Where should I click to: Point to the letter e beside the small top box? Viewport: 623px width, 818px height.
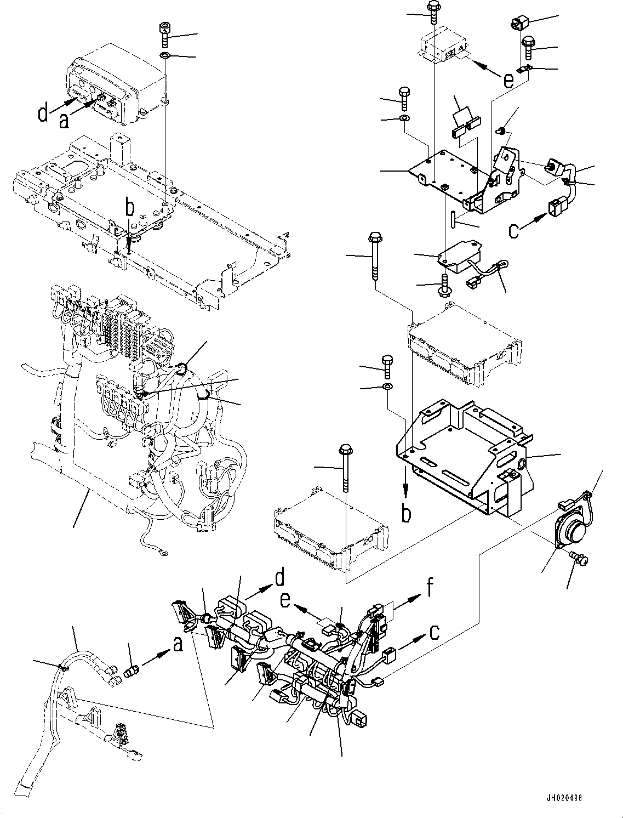(x=508, y=81)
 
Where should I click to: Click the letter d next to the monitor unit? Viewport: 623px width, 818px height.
(x=43, y=113)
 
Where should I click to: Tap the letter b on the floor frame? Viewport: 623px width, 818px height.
(x=129, y=209)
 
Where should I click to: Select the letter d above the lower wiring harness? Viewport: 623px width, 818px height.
(x=279, y=578)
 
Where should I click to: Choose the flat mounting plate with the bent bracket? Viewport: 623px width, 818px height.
(x=449, y=175)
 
